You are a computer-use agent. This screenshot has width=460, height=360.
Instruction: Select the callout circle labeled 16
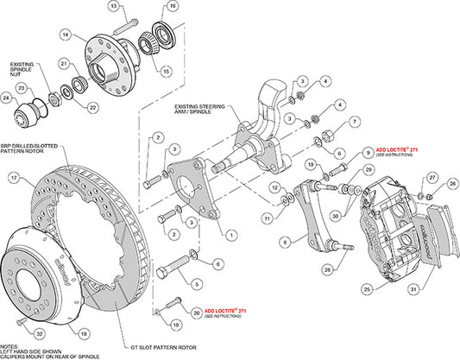pos(173,7)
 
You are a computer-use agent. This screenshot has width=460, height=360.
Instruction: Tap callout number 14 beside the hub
pos(64,35)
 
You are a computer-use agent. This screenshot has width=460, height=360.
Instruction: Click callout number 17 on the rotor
pos(14,178)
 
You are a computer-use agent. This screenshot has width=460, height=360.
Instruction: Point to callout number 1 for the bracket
pos(230,233)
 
